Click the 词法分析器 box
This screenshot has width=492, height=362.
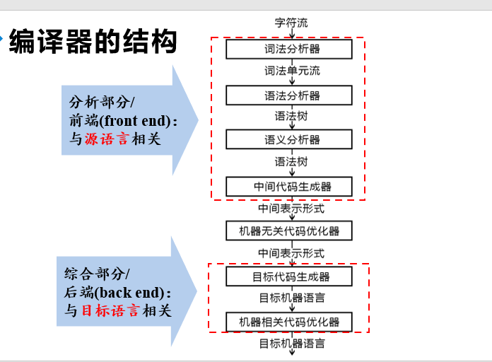[x=288, y=49]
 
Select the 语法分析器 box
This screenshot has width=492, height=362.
[x=288, y=95]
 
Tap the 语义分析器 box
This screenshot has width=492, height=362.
[x=288, y=140]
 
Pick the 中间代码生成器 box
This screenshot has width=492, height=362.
[x=288, y=187]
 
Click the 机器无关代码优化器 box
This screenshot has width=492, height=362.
[x=288, y=231]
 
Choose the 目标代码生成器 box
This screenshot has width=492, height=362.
[x=288, y=276]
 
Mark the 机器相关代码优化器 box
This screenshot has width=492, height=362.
[x=288, y=322]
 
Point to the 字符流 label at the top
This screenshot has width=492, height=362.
[x=291, y=23]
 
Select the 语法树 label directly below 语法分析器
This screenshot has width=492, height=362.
[x=291, y=117]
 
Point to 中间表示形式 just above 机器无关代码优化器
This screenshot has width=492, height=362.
[x=291, y=209]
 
